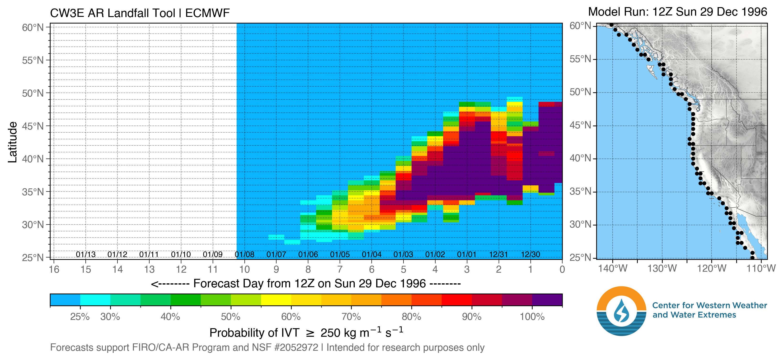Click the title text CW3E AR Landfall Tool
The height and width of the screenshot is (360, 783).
(113, 13)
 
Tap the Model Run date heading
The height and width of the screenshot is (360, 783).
(677, 12)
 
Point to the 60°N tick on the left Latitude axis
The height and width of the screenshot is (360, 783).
(33, 27)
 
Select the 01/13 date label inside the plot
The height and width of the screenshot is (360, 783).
(86, 254)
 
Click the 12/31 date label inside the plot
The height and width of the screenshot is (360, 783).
(498, 254)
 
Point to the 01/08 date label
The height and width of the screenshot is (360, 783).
(244, 254)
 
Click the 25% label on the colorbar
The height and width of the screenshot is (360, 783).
(80, 317)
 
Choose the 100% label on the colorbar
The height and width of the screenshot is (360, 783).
(532, 317)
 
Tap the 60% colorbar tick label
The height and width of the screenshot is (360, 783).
(291, 317)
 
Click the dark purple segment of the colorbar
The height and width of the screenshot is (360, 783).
(547, 300)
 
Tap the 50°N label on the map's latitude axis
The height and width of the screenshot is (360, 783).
(580, 92)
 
